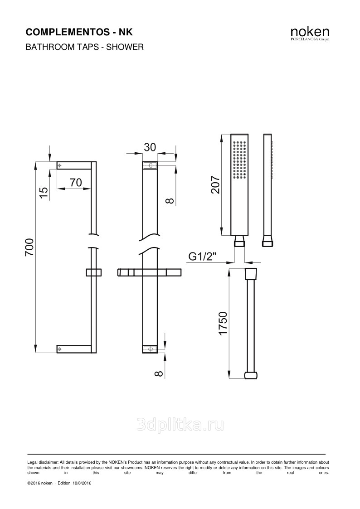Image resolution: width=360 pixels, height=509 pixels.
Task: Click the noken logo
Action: (310, 34)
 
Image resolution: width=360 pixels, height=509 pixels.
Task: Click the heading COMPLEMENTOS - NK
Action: (79, 32)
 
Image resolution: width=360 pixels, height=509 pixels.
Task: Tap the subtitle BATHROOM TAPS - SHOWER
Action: (84, 47)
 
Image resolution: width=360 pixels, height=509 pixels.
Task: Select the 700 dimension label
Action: (29, 247)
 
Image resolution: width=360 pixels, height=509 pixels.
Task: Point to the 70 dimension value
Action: (76, 183)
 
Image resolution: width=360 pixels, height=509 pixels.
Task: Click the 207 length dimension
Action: (215, 184)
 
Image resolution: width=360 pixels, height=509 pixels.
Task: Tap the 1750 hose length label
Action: (223, 323)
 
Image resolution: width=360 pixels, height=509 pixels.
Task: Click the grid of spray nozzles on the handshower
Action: (239, 160)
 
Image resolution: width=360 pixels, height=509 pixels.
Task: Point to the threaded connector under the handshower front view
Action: (239, 242)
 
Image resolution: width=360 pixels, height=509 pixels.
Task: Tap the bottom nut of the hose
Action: (251, 376)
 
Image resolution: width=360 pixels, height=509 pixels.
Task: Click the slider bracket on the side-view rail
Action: (94, 272)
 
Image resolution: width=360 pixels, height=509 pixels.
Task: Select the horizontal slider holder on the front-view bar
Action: (149, 272)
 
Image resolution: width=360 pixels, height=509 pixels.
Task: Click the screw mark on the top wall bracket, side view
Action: (59, 165)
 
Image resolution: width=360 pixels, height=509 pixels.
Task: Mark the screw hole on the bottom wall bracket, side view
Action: (59, 349)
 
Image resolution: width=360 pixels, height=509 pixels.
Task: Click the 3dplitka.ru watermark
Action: (180, 425)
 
